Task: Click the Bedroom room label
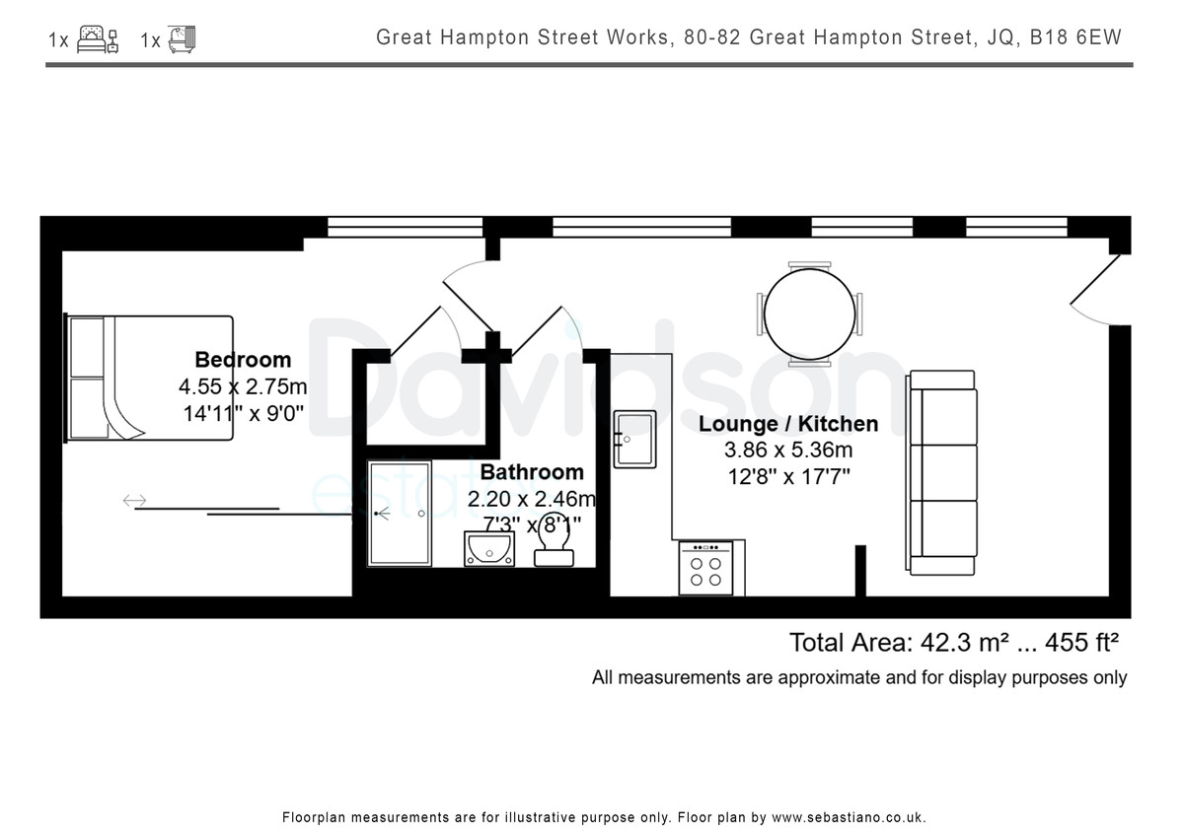click(x=243, y=360)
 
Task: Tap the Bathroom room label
click(x=532, y=472)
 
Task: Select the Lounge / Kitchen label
click(x=788, y=424)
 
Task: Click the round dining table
click(x=809, y=314)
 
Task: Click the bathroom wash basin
click(x=489, y=549)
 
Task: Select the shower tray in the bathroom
click(x=400, y=514)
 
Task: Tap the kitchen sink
click(x=634, y=440)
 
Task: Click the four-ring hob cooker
click(x=706, y=568)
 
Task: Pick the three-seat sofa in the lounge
click(x=941, y=472)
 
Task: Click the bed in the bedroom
click(x=149, y=378)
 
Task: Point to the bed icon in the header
click(x=98, y=39)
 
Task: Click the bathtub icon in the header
click(x=182, y=39)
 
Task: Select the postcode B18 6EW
click(x=1075, y=36)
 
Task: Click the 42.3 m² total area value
click(x=956, y=643)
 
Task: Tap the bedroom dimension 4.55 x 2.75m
click(x=243, y=386)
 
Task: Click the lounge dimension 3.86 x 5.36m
click(x=788, y=450)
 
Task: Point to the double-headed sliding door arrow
click(x=134, y=500)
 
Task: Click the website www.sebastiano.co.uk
click(x=849, y=818)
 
